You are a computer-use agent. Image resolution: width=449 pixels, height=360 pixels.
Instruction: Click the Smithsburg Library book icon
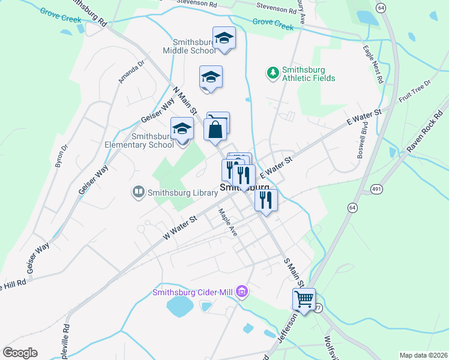138,193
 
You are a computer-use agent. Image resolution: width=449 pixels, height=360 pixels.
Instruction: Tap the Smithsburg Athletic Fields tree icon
273,73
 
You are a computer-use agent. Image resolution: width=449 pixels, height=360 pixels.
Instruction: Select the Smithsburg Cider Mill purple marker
243,292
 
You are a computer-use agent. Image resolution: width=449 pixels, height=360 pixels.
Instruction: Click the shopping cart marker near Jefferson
304,298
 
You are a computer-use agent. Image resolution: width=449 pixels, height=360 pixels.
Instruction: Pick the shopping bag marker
215,129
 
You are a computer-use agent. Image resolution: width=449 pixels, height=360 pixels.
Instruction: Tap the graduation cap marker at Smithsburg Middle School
224,38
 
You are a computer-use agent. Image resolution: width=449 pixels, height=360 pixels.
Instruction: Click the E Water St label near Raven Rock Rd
364,118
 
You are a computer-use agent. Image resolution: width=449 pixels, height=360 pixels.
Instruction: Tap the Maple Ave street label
228,222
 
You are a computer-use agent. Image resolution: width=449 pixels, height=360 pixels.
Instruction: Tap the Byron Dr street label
62,155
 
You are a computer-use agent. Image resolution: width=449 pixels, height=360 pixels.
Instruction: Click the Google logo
20,352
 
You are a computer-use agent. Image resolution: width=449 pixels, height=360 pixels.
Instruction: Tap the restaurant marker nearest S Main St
265,199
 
